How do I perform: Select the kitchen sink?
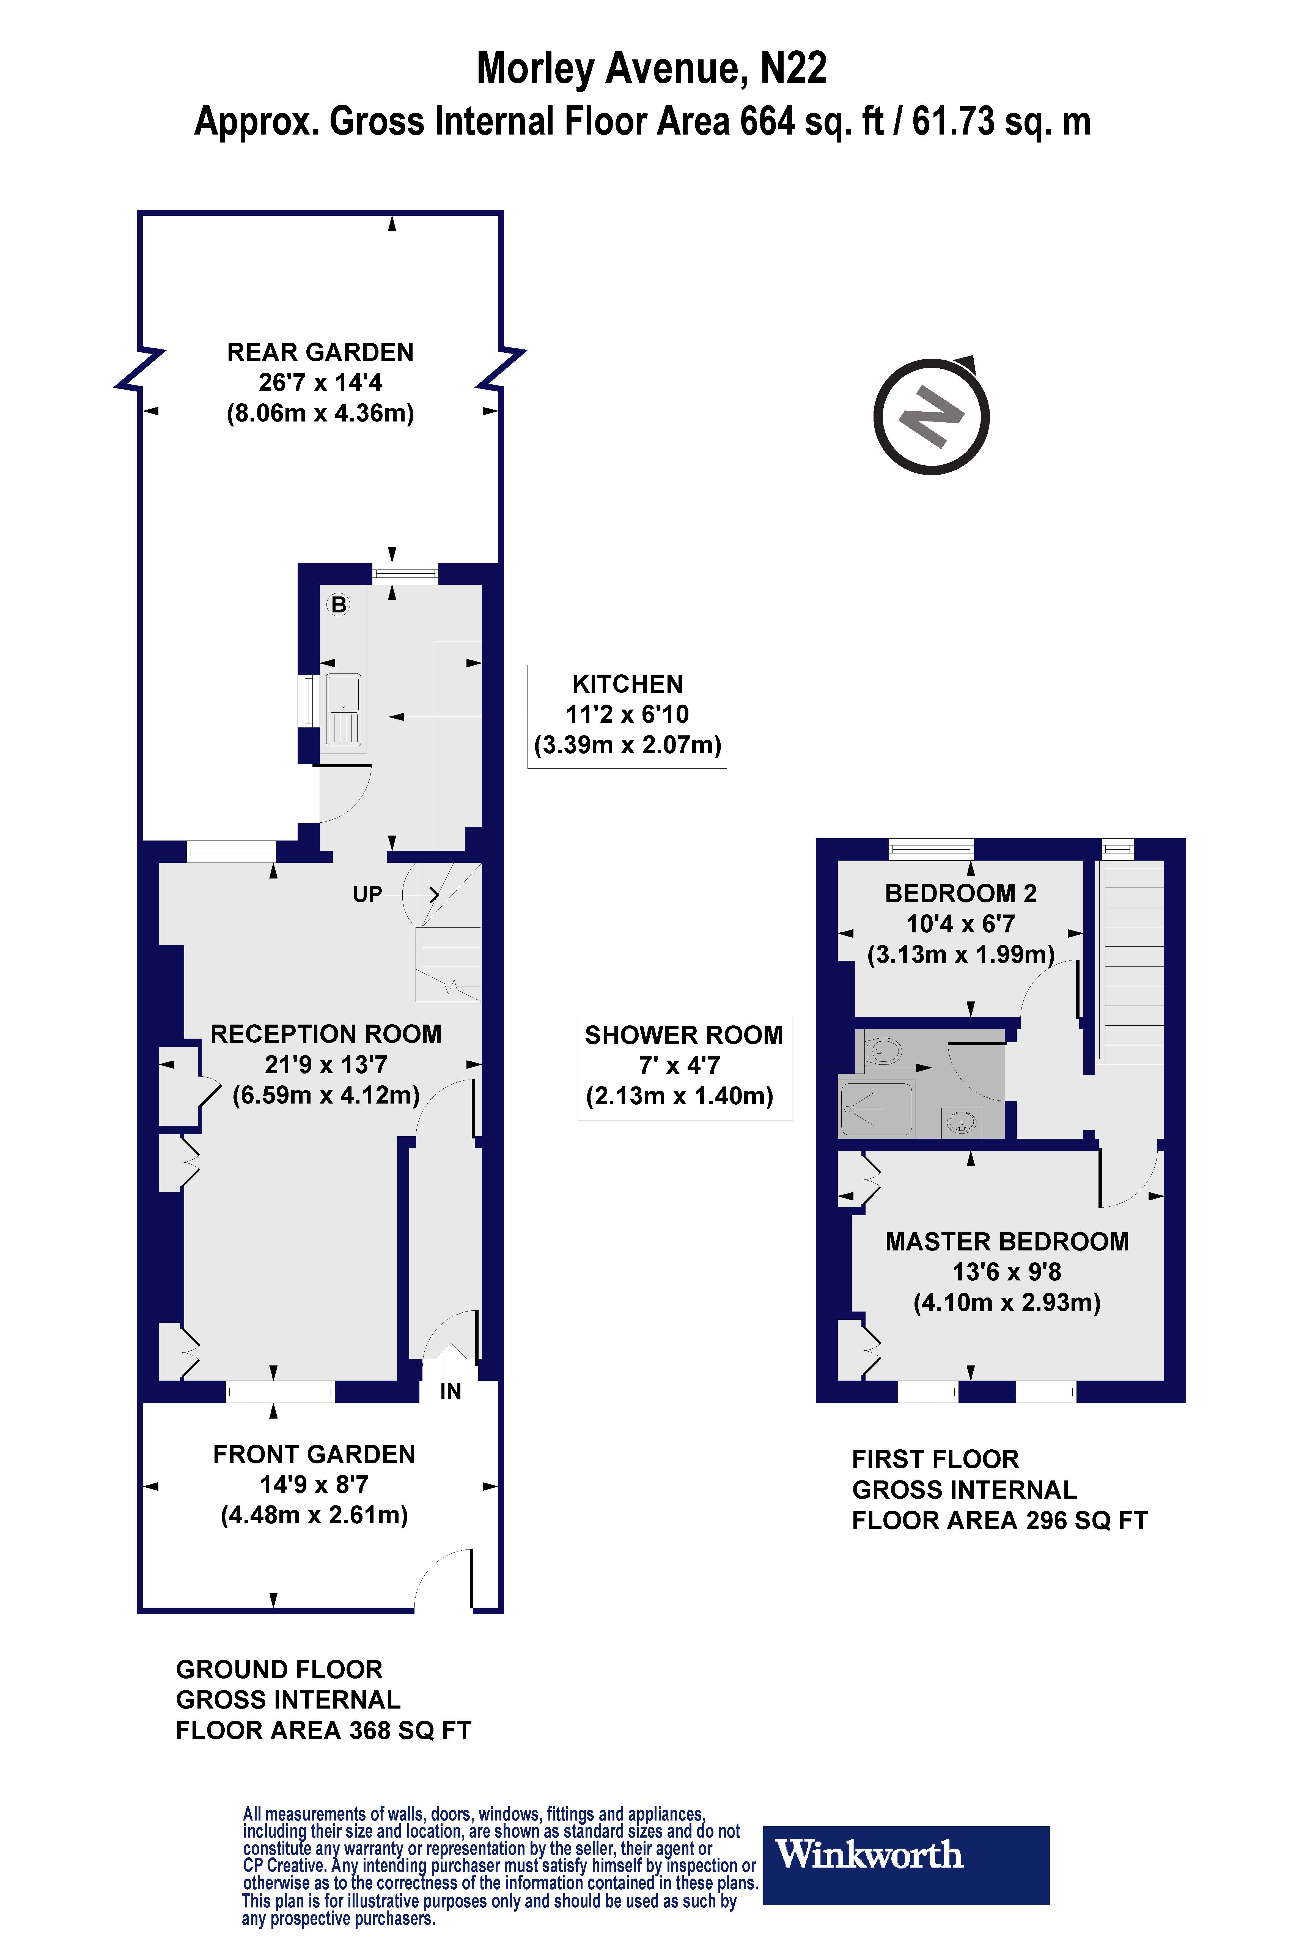(344, 710)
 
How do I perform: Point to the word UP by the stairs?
(367, 894)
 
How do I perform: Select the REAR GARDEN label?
(321, 352)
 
